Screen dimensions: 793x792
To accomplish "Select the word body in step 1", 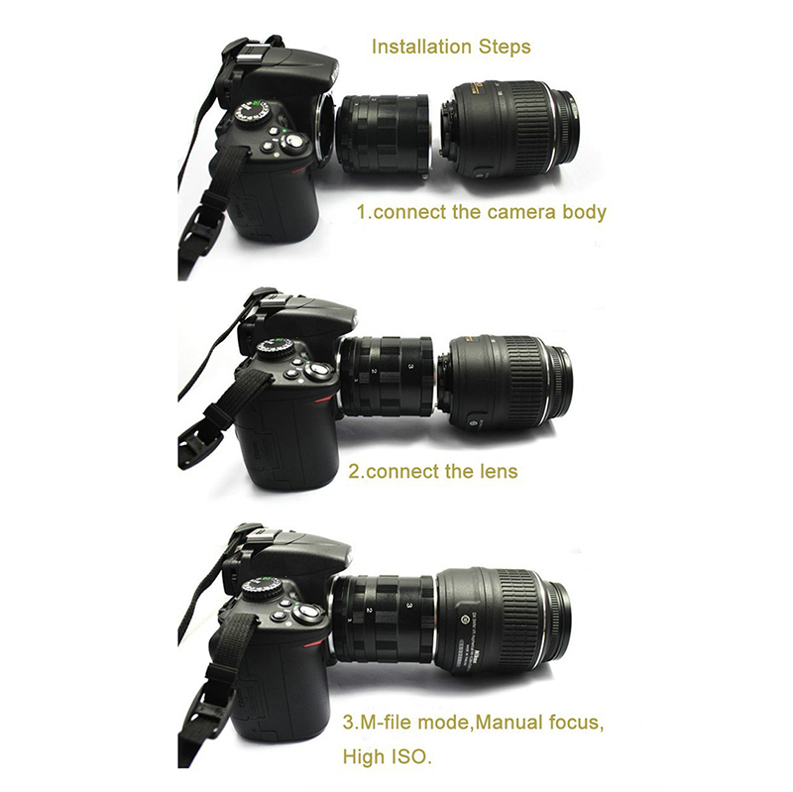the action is coord(578,212).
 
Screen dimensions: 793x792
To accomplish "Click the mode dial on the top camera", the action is coord(252,113).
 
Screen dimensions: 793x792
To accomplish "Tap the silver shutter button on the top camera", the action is coord(293,142).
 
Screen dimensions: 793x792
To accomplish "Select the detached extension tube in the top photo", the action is coord(383,138).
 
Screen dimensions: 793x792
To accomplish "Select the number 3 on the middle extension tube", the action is coord(410,367).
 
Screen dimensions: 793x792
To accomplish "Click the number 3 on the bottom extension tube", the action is coord(409,605).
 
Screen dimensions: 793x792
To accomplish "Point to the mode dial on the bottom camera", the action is coord(263,588).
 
